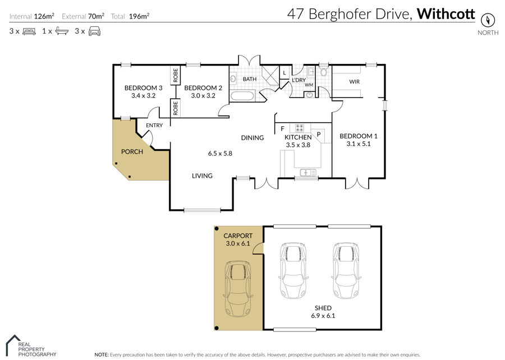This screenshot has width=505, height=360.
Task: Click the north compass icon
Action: click(488, 20)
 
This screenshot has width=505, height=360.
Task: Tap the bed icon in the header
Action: click(29, 31)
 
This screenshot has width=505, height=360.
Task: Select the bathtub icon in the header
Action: click(62, 31)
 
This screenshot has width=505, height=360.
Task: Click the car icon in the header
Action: click(94, 31)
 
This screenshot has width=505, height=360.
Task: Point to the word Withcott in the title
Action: click(446, 14)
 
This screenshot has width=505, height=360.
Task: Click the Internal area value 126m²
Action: click(44, 16)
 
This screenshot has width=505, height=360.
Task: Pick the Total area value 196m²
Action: click(139, 16)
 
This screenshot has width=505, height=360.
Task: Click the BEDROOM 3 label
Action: click(143, 88)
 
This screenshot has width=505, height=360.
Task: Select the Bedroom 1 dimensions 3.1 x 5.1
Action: click(359, 144)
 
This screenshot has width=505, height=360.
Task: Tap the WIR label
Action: click(354, 82)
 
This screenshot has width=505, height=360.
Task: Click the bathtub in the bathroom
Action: click(242, 96)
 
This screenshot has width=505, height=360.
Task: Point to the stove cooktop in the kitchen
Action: click(300, 128)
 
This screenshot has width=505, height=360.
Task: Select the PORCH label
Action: click(132, 151)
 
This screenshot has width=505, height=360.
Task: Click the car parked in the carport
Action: click(238, 289)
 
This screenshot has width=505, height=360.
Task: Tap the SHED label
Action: click(323, 308)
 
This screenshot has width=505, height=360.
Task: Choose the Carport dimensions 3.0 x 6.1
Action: click(238, 243)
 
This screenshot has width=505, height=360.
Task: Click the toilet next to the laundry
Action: click(323, 71)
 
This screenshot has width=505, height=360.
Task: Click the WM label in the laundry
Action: click(309, 85)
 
